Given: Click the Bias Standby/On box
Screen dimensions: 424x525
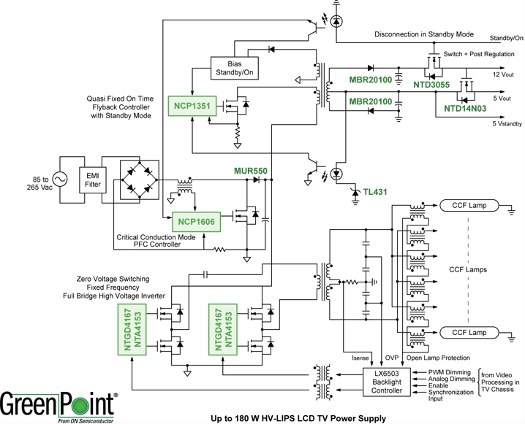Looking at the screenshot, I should (x=234, y=68).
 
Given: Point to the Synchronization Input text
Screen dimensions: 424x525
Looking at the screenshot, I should (x=449, y=395).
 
